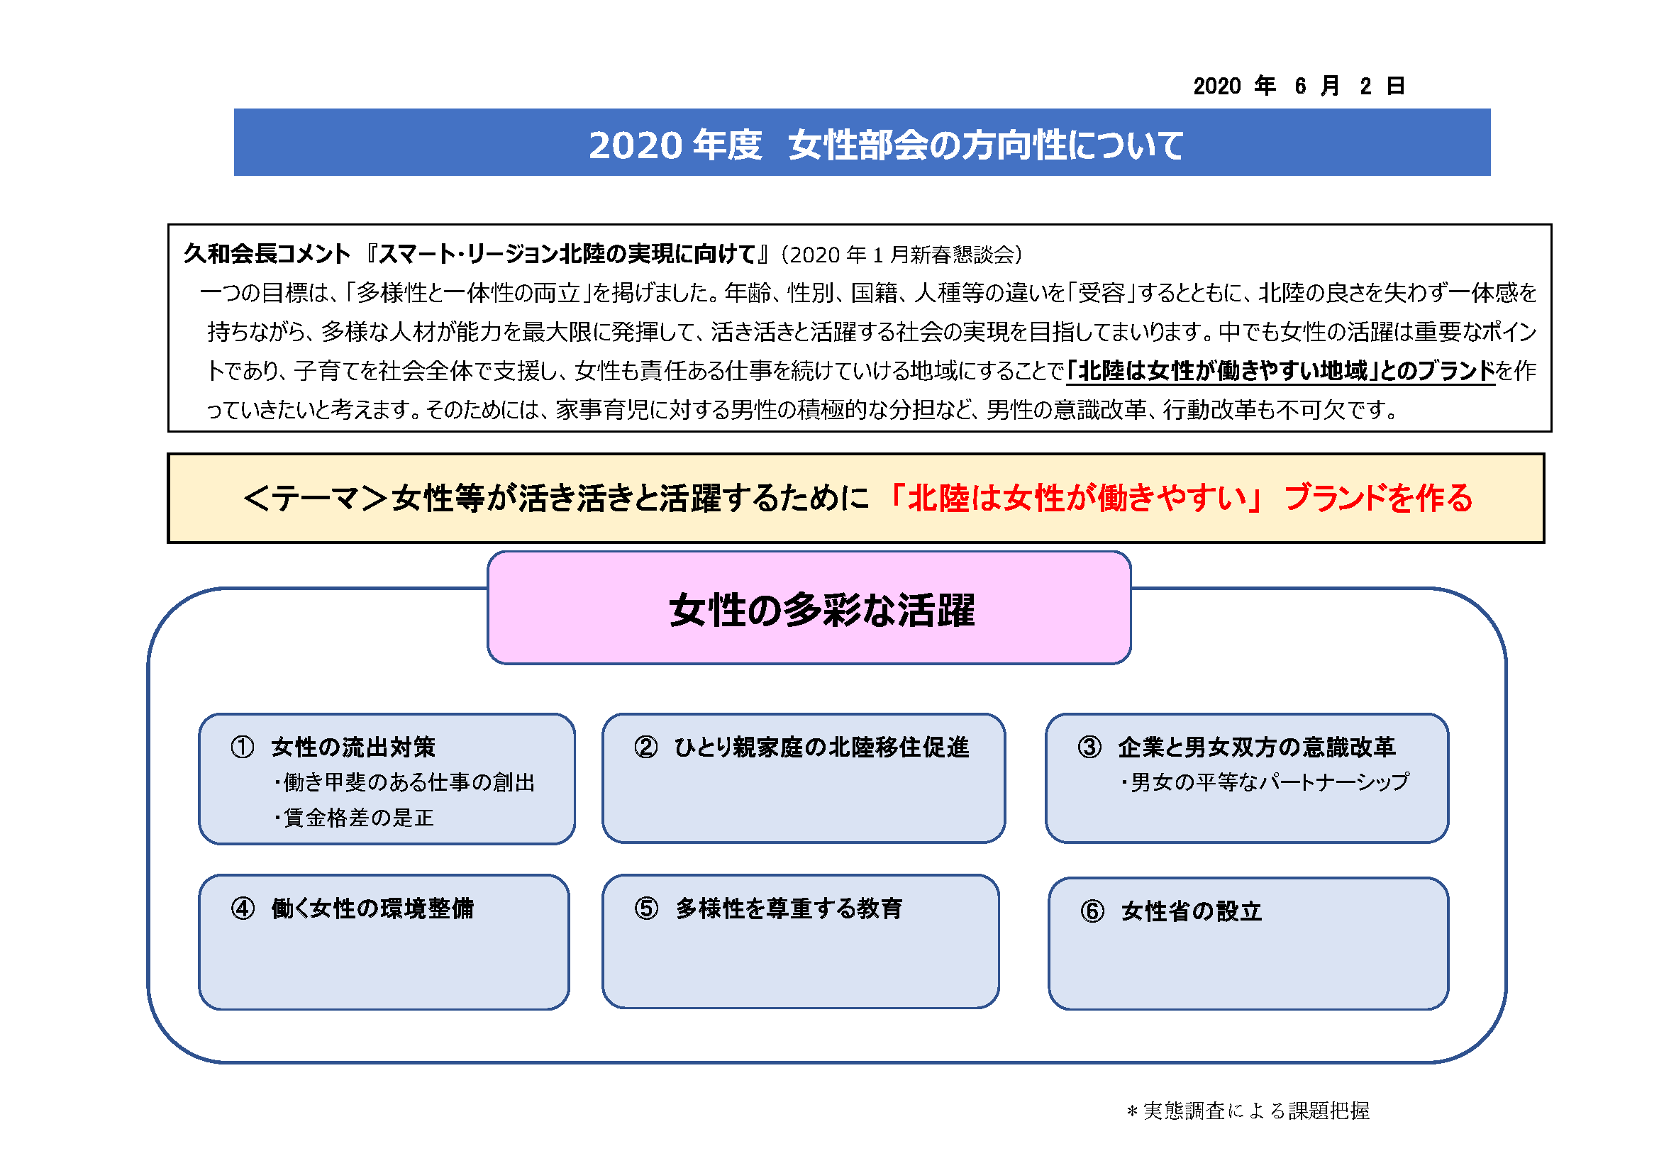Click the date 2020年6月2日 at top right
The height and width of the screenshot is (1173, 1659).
(1299, 86)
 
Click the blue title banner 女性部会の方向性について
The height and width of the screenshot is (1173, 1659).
(862, 143)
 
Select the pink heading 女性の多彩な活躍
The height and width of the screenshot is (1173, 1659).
(822, 611)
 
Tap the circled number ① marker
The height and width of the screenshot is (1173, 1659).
(243, 747)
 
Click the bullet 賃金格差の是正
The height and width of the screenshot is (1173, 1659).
(354, 818)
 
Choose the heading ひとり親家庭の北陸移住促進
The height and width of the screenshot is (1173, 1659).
(821, 747)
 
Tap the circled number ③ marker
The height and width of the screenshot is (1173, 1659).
(1089, 747)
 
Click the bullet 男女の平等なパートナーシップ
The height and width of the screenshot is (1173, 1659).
(1265, 782)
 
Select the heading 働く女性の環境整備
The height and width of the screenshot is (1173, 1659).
(373, 908)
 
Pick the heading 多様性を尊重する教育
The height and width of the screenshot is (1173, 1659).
(789, 908)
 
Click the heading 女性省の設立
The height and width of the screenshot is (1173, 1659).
(1192, 911)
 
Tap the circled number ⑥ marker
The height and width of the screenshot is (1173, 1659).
(1092, 911)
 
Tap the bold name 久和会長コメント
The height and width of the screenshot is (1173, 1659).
(267, 253)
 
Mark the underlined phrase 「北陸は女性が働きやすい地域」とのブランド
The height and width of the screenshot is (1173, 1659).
(1280, 370)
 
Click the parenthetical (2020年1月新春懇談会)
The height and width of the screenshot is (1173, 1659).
(901, 255)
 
